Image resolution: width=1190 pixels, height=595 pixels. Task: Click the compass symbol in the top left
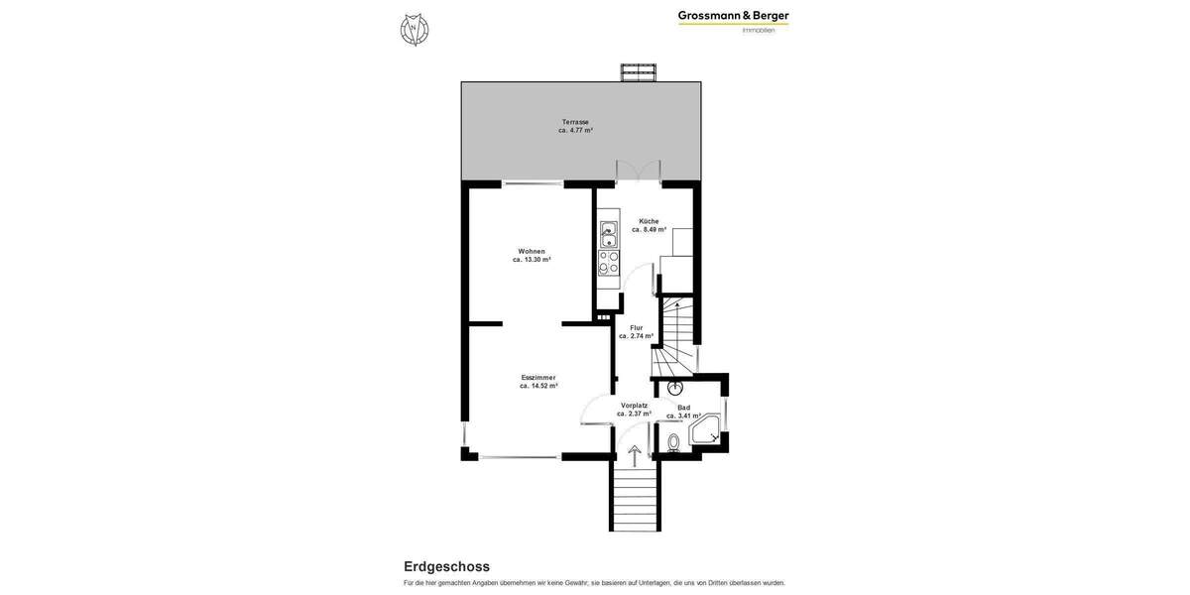pos(415,30)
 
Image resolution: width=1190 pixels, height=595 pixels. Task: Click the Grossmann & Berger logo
pos(733,20)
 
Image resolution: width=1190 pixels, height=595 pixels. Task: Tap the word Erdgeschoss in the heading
pos(446,566)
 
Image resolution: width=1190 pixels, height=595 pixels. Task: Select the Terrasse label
pos(575,122)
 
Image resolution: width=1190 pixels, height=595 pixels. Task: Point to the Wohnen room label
pos(532,251)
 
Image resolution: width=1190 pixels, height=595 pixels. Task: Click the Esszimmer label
pos(538,377)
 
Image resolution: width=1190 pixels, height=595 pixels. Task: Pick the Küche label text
pos(649,221)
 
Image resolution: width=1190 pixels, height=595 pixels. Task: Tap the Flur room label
pos(637,327)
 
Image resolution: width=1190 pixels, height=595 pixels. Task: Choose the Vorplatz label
pos(635,405)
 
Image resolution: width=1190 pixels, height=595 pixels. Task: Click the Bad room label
pos(683,408)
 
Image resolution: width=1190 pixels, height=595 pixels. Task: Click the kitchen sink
pos(608,235)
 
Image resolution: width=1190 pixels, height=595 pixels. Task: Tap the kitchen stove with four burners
pos(608,262)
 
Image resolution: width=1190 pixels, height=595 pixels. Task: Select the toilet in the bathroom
pos(674,442)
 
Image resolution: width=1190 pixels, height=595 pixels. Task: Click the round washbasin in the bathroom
pos(675,388)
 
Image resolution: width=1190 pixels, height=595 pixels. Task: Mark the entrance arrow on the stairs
pos(635,455)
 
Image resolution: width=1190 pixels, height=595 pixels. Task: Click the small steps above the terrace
pos(639,72)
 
